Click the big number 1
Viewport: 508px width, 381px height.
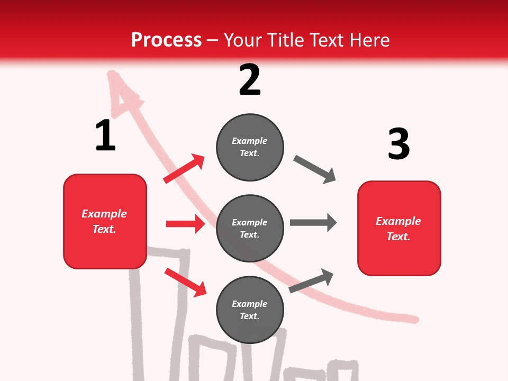pyautogui.click(x=105, y=135)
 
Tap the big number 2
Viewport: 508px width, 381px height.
pyautogui.click(x=250, y=80)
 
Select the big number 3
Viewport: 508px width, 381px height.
pyautogui.click(x=398, y=144)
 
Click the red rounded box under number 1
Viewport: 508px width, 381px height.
pyautogui.click(x=105, y=221)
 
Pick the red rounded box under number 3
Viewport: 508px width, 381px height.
pyautogui.click(x=399, y=228)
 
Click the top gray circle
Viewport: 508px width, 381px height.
pyautogui.click(x=250, y=147)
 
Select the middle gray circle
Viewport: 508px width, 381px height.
pyautogui.click(x=250, y=228)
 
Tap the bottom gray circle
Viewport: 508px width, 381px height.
pyautogui.click(x=250, y=310)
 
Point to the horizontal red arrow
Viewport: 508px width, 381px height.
pyautogui.click(x=185, y=224)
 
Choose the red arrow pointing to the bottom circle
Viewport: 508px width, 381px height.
pyautogui.click(x=185, y=282)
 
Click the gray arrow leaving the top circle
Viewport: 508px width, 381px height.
pyautogui.click(x=315, y=169)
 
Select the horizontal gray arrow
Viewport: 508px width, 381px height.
pyautogui.click(x=313, y=222)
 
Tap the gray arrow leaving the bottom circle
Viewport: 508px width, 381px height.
pyautogui.click(x=311, y=280)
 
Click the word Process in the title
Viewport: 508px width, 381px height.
pyautogui.click(x=166, y=40)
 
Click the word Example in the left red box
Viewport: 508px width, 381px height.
pyautogui.click(x=104, y=214)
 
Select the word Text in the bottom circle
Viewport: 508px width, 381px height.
pyautogui.click(x=249, y=316)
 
